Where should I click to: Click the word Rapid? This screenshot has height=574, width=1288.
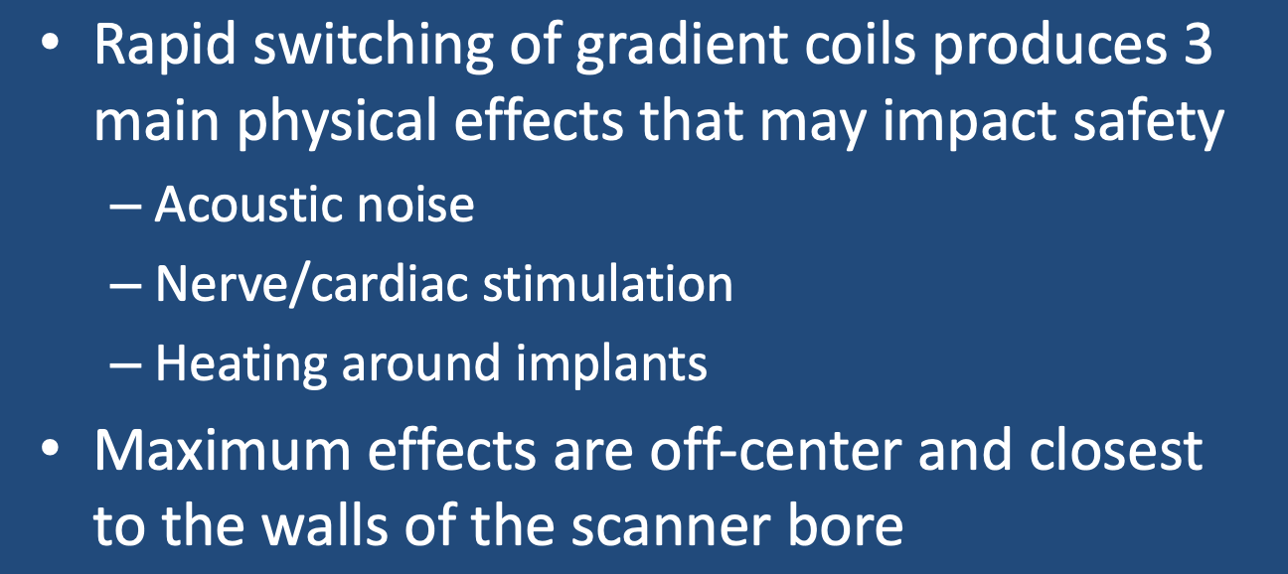[x=165, y=47]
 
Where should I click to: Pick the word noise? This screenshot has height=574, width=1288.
[x=415, y=205]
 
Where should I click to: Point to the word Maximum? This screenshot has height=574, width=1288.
[x=223, y=451]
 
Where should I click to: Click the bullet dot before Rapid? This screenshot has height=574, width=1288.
[x=50, y=45]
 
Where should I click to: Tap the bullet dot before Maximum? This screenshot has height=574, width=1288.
[x=50, y=448]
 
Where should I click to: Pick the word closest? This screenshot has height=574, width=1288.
[x=1115, y=451]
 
